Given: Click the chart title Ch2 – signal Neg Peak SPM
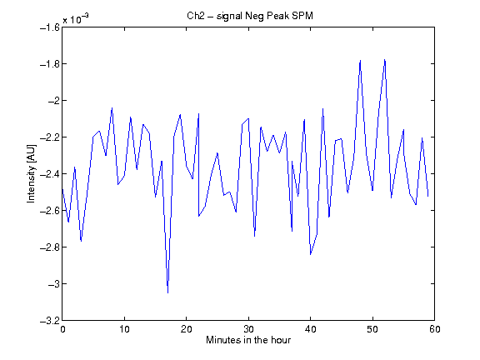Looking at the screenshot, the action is click(250, 16).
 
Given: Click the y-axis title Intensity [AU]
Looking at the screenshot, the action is click(31, 173).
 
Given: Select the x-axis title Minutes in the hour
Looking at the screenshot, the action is click(248, 340).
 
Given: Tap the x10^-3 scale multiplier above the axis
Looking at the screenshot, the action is click(76, 18).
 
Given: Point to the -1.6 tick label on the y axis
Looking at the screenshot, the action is click(50, 27).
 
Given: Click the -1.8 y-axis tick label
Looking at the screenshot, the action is click(50, 64).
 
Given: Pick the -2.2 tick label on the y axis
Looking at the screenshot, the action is click(50, 137).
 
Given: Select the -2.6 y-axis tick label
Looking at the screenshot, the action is click(50, 211).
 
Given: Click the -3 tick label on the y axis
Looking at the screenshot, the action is click(53, 284).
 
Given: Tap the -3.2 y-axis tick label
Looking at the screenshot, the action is click(50, 321).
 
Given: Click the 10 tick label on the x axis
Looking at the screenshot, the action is click(125, 329).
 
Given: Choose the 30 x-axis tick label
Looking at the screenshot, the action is click(248, 329).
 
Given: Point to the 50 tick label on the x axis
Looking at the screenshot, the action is click(372, 329).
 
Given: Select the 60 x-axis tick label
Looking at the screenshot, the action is click(435, 329).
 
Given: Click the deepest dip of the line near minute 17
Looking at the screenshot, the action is click(167, 293).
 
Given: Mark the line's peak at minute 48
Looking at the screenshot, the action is click(360, 60).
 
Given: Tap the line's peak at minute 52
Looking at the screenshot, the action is click(385, 60).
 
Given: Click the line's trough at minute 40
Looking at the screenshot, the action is click(310, 254).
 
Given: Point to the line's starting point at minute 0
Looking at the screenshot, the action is click(62, 188).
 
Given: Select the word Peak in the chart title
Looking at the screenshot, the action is click(278, 16).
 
